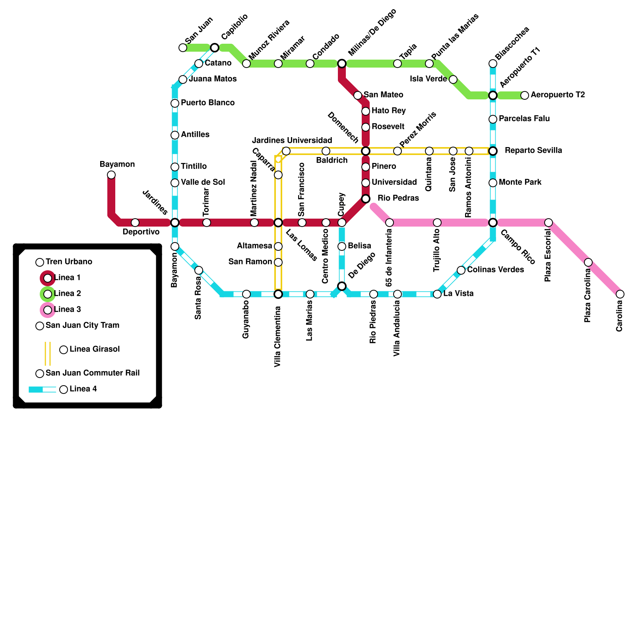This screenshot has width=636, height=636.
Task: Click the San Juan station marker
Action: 183,48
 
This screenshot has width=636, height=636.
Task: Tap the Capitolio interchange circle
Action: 215,48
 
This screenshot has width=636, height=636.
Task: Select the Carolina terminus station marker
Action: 620,294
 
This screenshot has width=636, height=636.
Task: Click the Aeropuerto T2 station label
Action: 558,95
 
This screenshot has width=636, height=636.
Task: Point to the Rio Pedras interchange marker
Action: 366,199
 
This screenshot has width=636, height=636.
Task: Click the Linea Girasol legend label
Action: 95,349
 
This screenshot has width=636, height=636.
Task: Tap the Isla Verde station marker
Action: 453,79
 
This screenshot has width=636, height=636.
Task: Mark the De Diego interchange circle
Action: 342,286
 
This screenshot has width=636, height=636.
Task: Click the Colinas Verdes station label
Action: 495,270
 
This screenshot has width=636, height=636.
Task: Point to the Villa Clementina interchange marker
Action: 278,294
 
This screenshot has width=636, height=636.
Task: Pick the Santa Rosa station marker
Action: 199,270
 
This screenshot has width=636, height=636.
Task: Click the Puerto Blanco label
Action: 207,103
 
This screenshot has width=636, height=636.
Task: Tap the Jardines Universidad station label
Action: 292,141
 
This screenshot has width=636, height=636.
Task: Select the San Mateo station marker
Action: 358,95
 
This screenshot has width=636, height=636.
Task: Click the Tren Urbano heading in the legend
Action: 69,262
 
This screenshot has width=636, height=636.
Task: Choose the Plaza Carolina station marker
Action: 588,262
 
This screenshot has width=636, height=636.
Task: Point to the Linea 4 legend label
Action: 83,389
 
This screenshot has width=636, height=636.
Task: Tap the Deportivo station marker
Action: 135,223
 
